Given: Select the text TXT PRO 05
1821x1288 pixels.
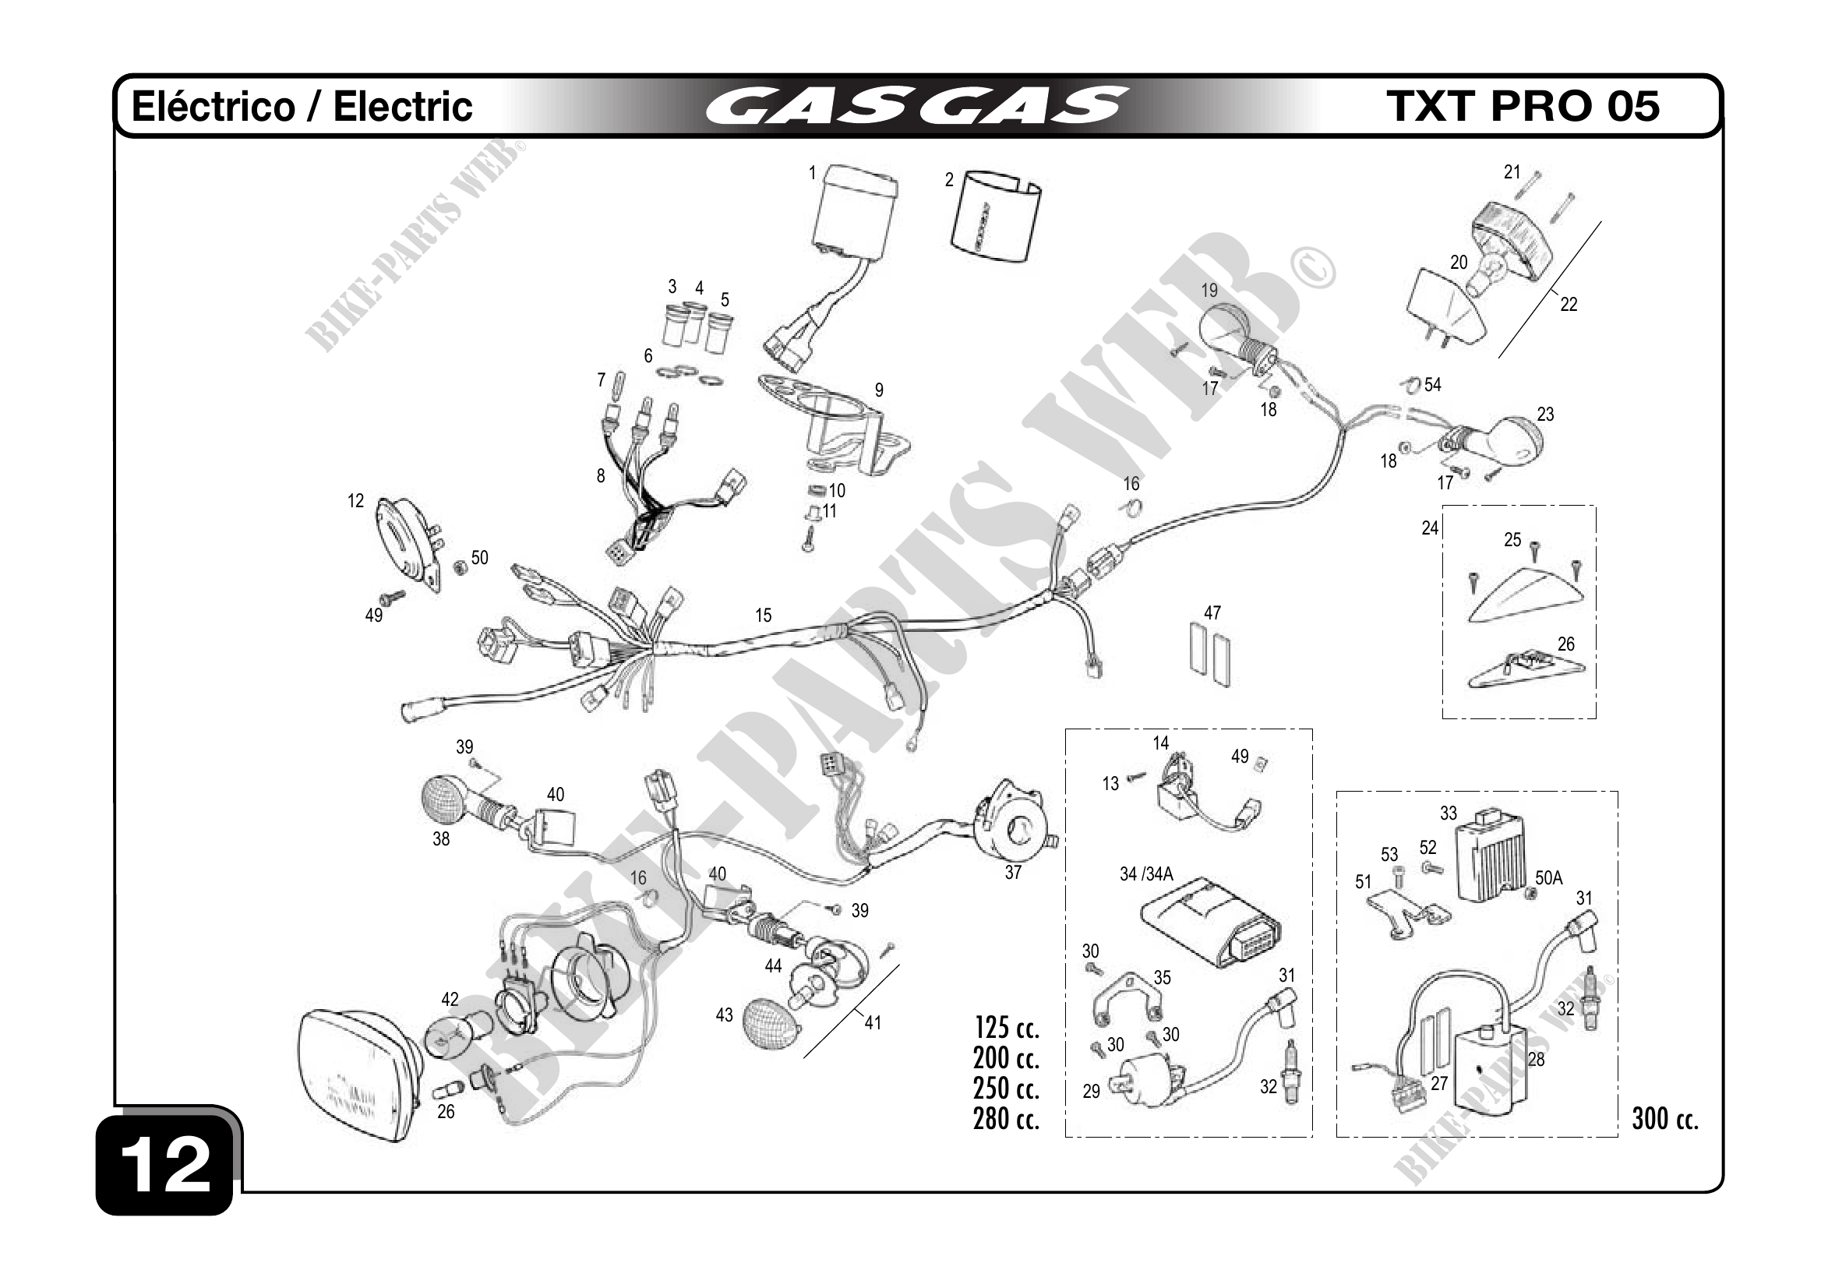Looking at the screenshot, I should [x=1522, y=106].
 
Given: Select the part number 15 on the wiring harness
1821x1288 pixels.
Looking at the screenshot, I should [x=763, y=616].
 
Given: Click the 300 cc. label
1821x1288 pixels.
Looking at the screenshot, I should [x=1664, y=1119].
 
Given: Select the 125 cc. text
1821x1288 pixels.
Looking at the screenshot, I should [x=1007, y=1028].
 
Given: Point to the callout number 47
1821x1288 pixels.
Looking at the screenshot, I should [x=1212, y=613].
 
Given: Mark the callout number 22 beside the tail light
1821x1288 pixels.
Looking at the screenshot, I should [x=1568, y=305].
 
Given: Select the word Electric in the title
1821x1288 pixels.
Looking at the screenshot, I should [x=403, y=107].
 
